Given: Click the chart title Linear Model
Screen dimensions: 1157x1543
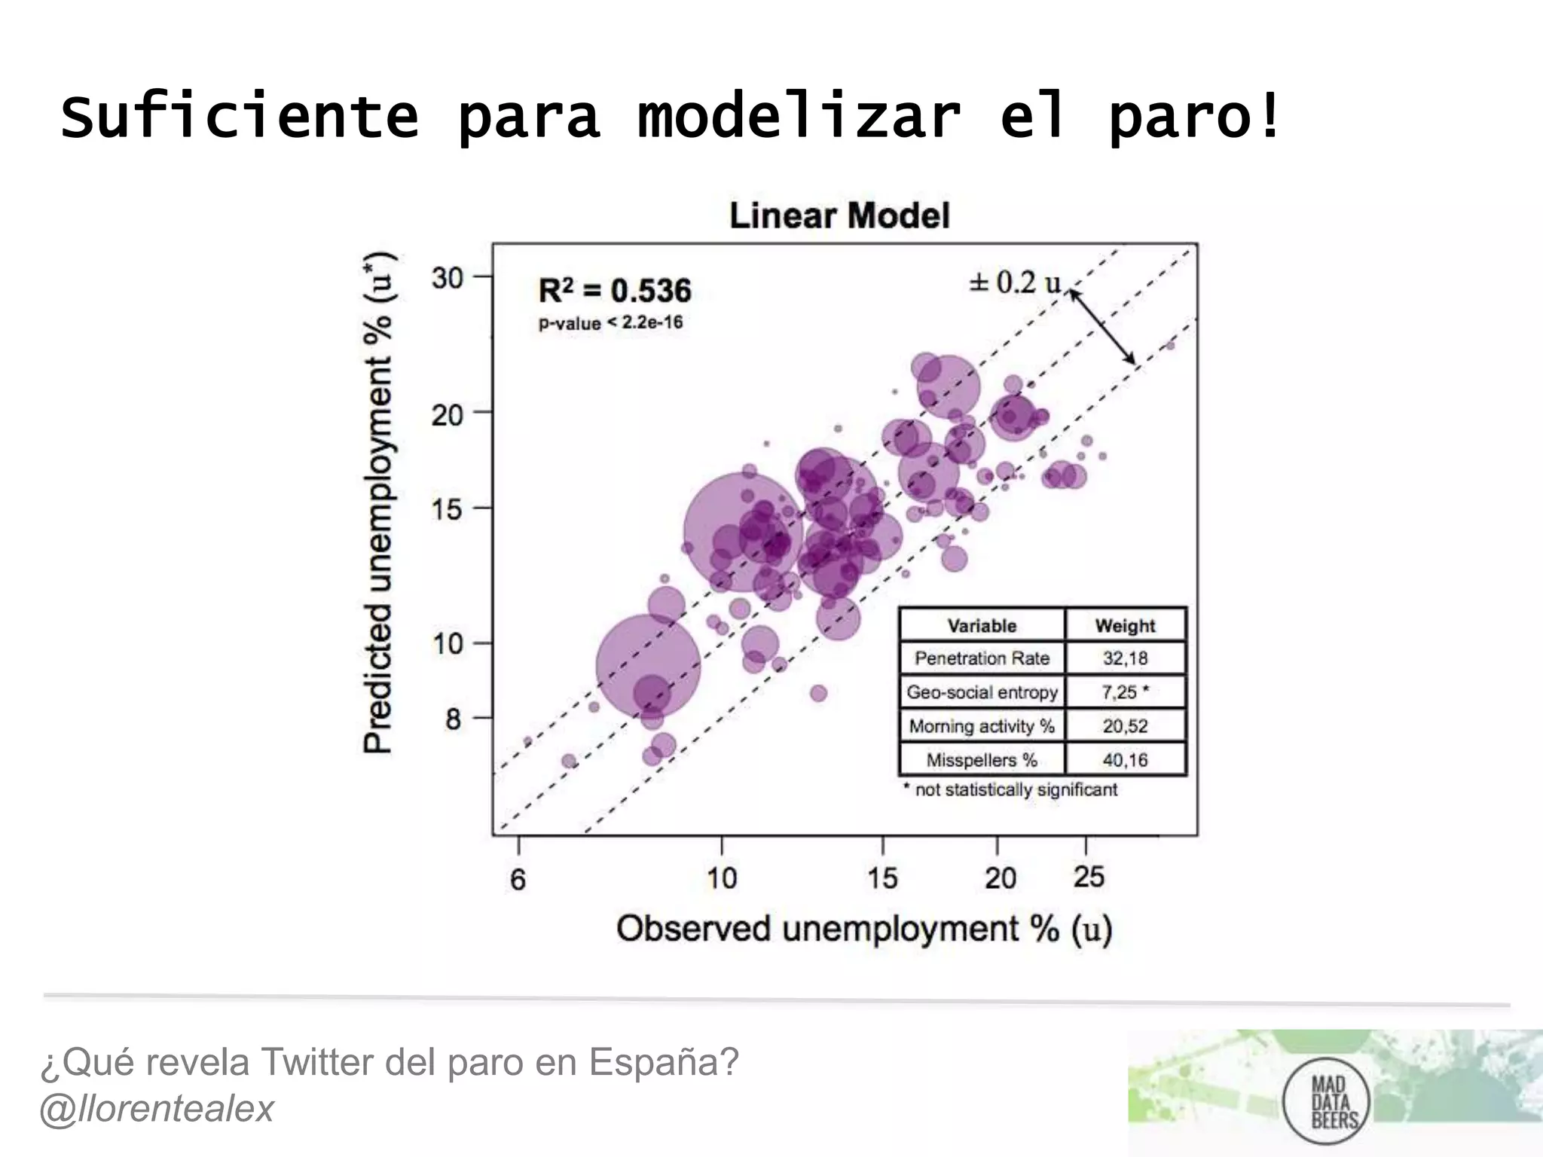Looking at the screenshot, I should point(839,215).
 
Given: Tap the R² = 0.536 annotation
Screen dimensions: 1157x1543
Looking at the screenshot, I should point(614,291).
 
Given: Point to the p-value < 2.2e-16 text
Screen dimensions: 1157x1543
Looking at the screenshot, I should point(610,323).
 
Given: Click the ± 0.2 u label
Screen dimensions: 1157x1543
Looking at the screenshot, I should point(1015,282).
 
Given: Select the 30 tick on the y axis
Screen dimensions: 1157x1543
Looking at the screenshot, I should point(447,278).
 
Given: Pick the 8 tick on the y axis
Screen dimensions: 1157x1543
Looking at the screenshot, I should point(452,719).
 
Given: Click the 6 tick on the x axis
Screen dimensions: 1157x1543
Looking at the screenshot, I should point(518,879).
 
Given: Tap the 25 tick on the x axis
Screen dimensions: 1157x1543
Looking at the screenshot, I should point(1089,878).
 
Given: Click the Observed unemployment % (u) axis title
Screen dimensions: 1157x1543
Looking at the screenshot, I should point(864,929).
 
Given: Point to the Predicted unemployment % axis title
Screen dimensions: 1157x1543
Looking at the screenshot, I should point(378,502).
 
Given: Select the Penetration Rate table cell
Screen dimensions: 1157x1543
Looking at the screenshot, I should point(982,658).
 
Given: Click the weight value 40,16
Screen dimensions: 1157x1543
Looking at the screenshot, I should point(1125,760).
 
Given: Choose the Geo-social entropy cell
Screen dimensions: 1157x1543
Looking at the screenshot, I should point(982,692).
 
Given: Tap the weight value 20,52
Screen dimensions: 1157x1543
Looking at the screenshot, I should point(1125,726).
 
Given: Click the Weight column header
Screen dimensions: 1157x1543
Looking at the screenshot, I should point(1125,626).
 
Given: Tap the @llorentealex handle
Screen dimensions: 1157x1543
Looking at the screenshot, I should point(157,1109).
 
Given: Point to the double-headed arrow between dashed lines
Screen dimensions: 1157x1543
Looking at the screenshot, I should point(1103,328).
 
